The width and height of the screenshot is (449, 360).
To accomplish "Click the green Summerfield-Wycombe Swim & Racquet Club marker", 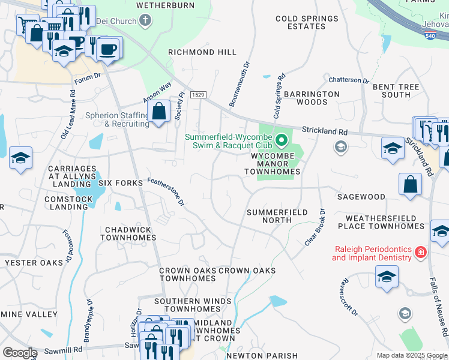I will (281, 142).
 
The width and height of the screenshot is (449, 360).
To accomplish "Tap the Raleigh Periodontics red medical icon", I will (420, 253).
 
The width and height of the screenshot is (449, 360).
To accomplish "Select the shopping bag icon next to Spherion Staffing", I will (159, 112).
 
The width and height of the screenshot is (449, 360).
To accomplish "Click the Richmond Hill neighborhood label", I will (202, 52).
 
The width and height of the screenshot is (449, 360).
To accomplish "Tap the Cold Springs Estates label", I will (307, 22).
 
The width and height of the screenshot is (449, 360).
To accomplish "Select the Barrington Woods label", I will (312, 98).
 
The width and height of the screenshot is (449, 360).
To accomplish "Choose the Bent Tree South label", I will (396, 91).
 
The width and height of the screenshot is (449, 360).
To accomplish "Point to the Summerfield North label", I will (277, 216).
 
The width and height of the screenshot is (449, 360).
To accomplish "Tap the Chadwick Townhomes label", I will (130, 233).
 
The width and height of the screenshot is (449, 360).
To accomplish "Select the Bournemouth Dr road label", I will (239, 83).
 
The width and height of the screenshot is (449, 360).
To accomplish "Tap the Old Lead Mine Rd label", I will (68, 115).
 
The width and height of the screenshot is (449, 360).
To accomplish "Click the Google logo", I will (19, 353).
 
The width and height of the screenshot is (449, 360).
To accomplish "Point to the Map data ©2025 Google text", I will (412, 355).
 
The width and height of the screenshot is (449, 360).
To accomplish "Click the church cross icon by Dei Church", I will (144, 22).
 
